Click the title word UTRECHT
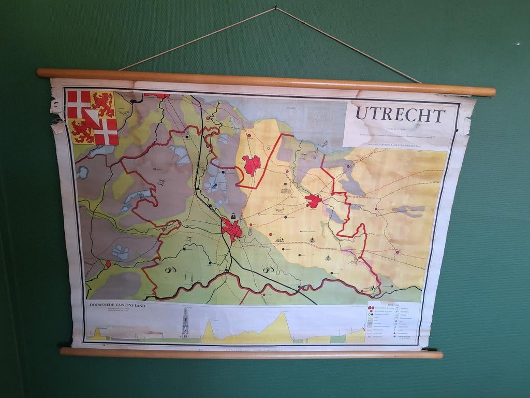pos(400,115)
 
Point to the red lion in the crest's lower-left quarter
pos(82,131)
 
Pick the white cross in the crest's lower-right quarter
pos(106,133)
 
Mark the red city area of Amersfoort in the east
pos(313,201)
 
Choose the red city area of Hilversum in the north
pos(252,165)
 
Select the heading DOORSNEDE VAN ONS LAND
pos(118,305)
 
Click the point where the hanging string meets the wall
pos(276,7)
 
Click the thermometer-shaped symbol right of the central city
pos(250,232)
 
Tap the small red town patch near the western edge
pos(108,264)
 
